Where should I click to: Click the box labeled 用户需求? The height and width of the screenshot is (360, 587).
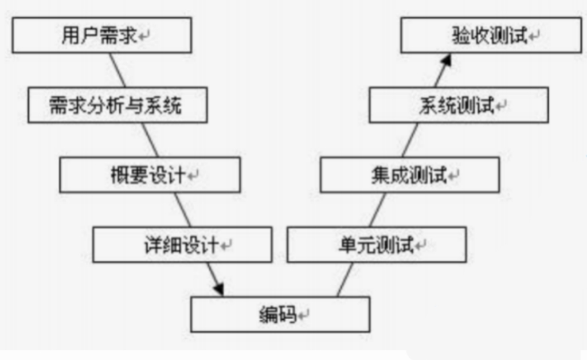[101, 36]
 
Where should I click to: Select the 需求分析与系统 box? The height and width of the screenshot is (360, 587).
[117, 105]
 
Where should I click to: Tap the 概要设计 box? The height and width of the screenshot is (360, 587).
[150, 175]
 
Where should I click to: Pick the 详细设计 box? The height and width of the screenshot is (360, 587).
[182, 245]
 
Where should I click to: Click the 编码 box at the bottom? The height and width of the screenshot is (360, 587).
[280, 314]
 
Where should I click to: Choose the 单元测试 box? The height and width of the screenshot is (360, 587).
[377, 245]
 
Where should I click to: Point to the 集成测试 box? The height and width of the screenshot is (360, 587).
[409, 175]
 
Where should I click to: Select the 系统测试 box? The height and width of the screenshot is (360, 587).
[459, 105]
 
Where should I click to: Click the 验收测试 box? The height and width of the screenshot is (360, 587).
[491, 36]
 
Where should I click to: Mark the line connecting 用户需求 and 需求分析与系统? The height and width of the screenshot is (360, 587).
[118, 70]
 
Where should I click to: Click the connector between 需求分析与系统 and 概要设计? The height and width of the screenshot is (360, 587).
[150, 139]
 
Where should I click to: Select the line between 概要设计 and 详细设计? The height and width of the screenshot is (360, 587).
[183, 209]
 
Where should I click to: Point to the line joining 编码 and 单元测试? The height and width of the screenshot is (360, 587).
[345, 280]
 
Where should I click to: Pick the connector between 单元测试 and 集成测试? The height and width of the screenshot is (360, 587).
[377, 210]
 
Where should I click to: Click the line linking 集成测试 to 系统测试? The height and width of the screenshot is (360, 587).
[410, 140]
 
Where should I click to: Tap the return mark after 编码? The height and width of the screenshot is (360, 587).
[304, 315]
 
